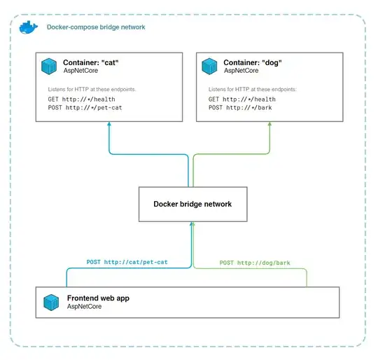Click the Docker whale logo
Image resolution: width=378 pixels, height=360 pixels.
pos(28,27)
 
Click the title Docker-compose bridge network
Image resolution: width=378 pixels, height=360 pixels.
pos(95,27)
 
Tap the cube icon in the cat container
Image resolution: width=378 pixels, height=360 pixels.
pos(50,67)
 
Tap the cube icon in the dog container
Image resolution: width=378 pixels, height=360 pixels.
pos(209,67)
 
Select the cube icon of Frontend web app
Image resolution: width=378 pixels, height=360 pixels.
pos(51,303)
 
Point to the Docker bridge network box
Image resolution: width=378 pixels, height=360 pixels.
pos(192,204)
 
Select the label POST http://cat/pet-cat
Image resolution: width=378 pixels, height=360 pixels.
pos(127,262)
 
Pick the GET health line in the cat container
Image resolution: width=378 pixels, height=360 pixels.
pos(72,99)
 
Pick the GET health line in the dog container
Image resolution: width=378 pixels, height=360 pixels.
pos(237,99)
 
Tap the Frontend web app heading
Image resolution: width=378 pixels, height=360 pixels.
pos(98,298)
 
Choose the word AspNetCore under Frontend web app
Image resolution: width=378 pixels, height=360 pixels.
pos(85,307)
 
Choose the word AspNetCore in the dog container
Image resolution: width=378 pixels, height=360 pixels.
pos(241,70)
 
